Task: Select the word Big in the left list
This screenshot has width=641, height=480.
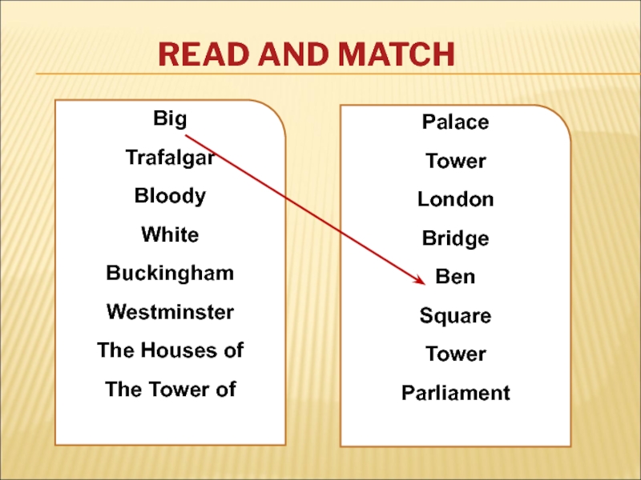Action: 170,119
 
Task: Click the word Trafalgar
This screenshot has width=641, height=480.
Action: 170,158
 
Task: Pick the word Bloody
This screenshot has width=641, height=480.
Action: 170,196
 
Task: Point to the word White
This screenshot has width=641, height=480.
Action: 170,234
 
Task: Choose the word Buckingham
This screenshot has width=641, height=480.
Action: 170,273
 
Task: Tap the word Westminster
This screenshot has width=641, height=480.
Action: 170,311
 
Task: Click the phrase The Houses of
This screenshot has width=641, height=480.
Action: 170,350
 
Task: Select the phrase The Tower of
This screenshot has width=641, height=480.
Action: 170,389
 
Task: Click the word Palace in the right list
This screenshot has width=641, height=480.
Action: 455,122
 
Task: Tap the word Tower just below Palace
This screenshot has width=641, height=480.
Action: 455,162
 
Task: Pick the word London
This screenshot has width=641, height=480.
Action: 455,199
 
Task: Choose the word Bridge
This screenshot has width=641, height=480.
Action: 455,238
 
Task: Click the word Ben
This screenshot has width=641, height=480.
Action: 455,277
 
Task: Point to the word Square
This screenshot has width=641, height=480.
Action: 455,316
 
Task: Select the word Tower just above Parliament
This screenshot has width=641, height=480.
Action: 455,354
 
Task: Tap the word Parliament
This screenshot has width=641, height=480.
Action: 455,393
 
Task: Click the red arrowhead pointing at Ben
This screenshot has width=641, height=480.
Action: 418,279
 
